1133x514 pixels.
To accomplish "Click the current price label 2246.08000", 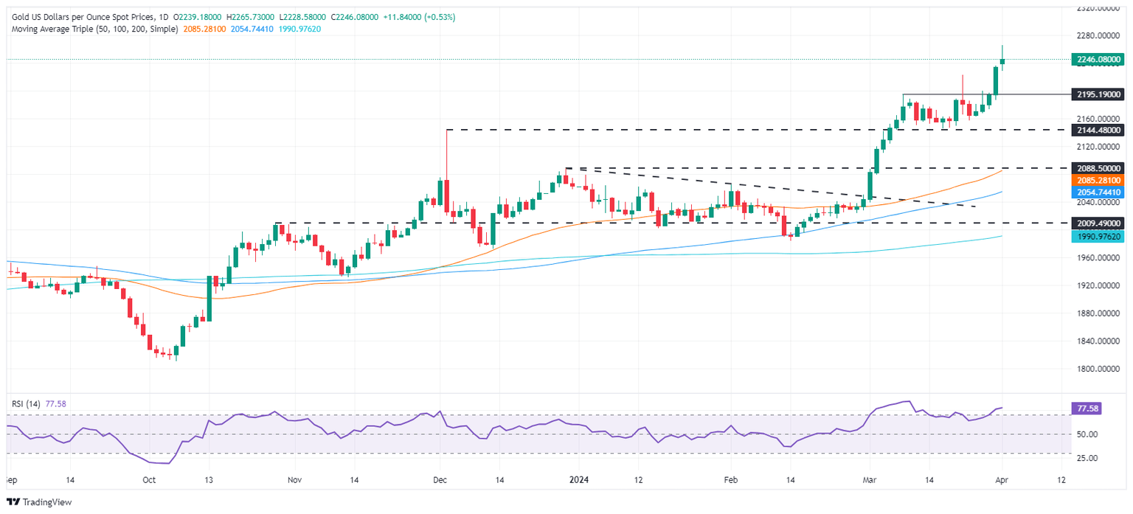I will coord(1096,59).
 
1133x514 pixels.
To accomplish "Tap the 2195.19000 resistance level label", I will coord(1096,94).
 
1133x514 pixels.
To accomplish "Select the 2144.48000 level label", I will coord(1096,130).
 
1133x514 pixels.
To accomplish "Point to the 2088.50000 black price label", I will coord(1096,169).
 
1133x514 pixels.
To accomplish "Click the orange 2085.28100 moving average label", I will coord(1096,180).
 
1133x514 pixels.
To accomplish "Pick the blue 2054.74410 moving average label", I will coord(1096,192).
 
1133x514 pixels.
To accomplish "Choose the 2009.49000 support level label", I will coord(1096,223).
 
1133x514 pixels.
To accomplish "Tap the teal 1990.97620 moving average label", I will coord(1096,236).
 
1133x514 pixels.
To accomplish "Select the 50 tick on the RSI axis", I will coord(1082,434).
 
